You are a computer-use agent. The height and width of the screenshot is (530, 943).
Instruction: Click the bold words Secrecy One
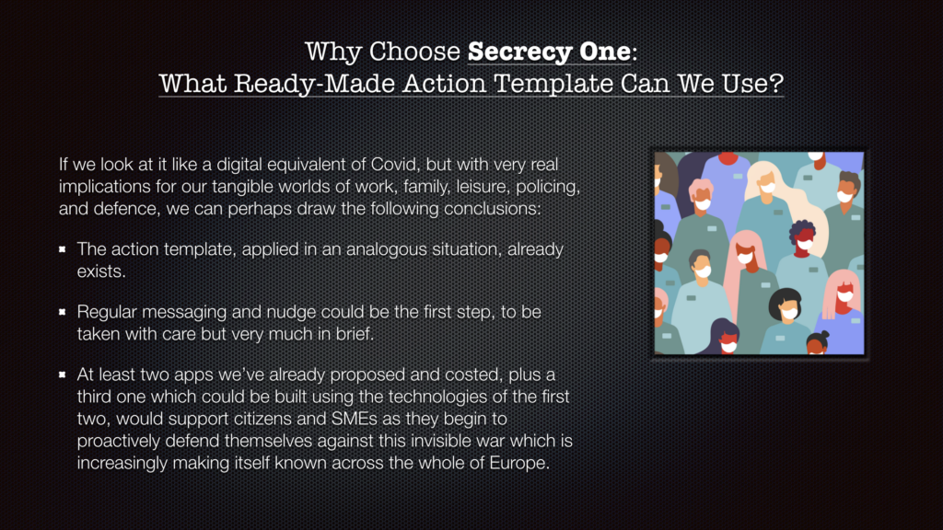click(x=549, y=52)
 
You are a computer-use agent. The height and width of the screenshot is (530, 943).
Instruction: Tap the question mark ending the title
click(x=776, y=82)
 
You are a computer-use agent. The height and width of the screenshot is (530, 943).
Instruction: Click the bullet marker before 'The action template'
click(x=62, y=248)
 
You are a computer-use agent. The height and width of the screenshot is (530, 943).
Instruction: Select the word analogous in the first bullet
click(x=387, y=249)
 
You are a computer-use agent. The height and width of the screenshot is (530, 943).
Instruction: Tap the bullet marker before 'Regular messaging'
click(x=62, y=311)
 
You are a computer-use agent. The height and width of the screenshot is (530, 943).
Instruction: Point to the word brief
click(x=355, y=333)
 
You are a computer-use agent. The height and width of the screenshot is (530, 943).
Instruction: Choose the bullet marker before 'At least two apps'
click(x=62, y=374)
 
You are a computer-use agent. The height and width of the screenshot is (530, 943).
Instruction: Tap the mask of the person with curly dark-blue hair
click(x=805, y=243)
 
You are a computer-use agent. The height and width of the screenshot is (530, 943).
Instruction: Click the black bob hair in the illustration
click(x=785, y=299)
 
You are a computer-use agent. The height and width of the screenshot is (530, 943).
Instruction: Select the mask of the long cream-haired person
click(x=767, y=187)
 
